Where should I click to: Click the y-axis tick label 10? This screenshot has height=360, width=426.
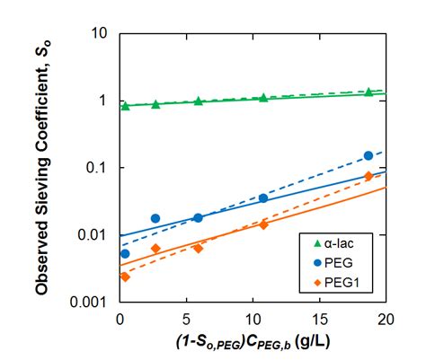101,33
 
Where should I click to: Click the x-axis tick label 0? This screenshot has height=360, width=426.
120,319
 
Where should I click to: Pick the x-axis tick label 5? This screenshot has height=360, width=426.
186,319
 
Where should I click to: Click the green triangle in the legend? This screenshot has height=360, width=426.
314,244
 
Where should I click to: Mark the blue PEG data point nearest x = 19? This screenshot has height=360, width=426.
368,155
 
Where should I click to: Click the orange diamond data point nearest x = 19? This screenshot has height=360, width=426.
368,176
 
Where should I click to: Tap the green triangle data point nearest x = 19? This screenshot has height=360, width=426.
368,92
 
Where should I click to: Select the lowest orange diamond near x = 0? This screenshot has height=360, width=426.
125,277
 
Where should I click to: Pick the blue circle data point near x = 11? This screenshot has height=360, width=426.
263,198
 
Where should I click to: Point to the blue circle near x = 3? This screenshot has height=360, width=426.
155,218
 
